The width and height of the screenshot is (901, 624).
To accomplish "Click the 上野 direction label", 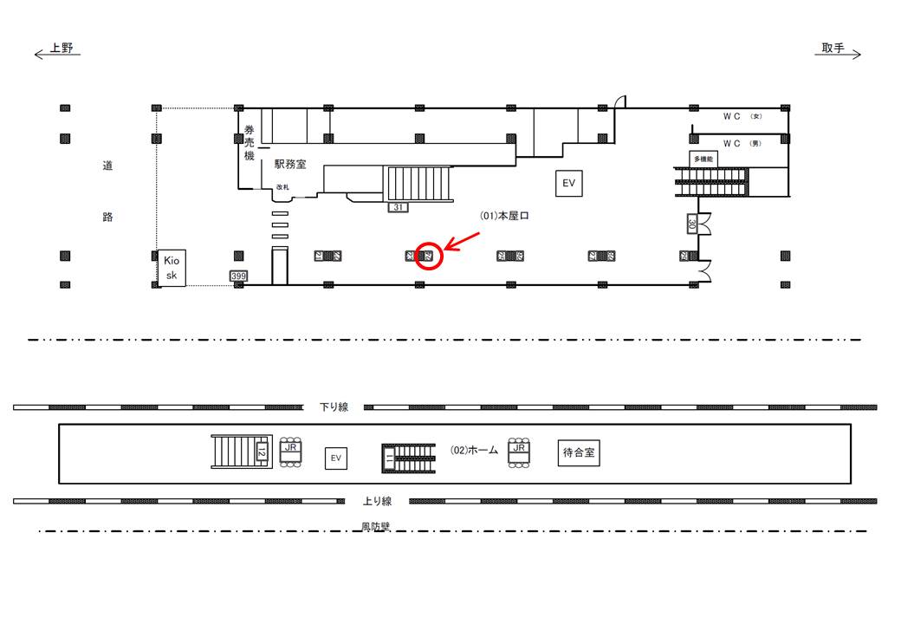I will pos(62,49).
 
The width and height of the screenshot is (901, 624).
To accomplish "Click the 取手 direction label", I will pos(833,49).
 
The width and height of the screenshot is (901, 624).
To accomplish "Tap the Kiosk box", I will pos(171,266).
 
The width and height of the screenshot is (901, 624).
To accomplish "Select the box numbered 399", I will pos(238,276).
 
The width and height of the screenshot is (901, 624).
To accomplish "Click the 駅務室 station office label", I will pos(290,164).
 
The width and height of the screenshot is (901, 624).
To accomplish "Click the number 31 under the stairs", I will pos(399,207).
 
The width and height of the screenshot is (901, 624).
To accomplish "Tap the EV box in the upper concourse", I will pos(568,183).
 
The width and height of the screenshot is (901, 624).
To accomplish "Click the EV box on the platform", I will pos(335,458).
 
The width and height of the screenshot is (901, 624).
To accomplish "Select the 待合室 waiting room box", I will pos(580,452).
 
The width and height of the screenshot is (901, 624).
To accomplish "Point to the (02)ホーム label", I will pos(475,450).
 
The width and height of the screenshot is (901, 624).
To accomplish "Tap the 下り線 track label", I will pos(334,406).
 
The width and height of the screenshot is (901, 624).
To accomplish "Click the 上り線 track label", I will pos(377,500).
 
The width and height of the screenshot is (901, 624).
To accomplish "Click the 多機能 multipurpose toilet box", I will pos(703,159).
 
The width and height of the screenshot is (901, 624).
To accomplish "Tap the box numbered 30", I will pos(692,224).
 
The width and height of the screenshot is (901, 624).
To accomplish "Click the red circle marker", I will pos(429,256).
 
